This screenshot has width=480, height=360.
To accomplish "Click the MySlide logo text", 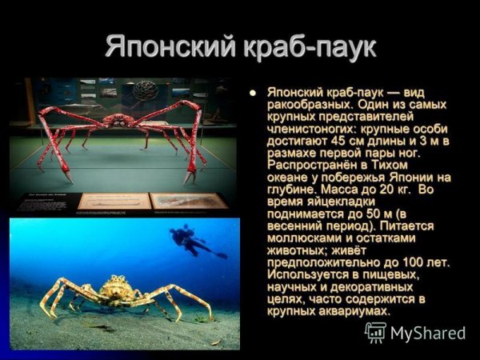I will [428, 333].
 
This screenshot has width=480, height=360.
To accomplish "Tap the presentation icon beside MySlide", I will [375, 332].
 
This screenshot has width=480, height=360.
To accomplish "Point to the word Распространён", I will [312, 166].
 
